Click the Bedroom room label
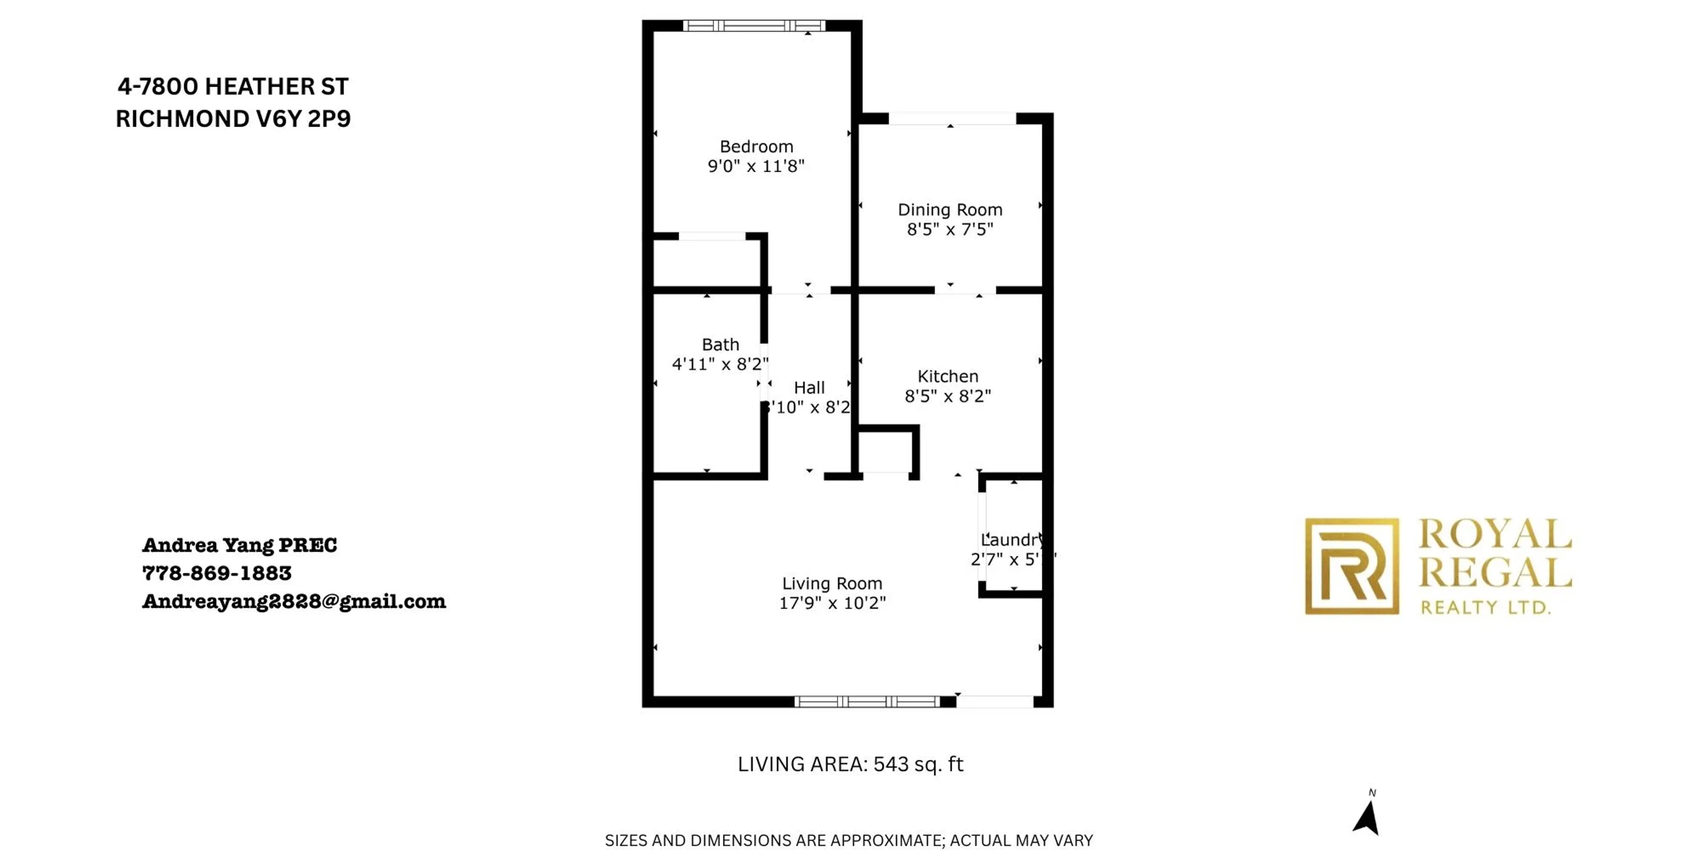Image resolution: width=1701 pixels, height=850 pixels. tap(756, 147)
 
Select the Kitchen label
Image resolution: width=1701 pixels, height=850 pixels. tap(948, 377)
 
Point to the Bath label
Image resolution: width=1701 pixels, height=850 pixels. tap(720, 344)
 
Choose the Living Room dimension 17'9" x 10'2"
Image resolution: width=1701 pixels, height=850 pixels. tap(832, 603)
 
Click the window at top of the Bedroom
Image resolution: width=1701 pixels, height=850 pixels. tap(753, 26)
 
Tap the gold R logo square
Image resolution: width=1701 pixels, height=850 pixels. tap(1351, 566)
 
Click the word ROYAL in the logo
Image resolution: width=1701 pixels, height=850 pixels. tap(1494, 534)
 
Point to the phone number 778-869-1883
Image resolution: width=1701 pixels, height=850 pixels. tap(217, 573)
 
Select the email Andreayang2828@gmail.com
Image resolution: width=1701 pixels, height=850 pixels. tap(294, 601)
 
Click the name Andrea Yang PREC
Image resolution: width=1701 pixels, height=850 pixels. tap(240, 545)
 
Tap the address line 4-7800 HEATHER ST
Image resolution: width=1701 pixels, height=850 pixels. tap(233, 86)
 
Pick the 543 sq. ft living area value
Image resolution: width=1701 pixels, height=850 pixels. tap(918, 764)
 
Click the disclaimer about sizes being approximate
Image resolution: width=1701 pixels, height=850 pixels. tap(849, 840)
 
